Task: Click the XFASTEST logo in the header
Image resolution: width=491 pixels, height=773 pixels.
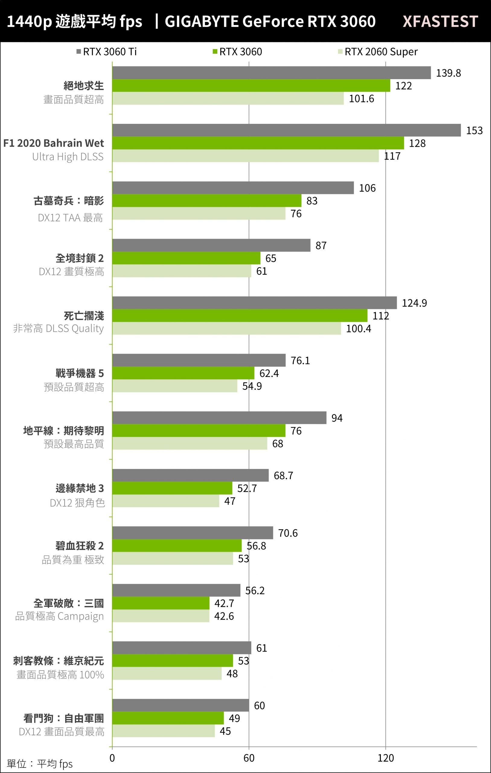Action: tap(440, 21)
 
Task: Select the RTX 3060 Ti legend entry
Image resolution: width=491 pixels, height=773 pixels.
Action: tap(107, 52)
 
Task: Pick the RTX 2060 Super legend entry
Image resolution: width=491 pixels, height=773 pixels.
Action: tap(378, 52)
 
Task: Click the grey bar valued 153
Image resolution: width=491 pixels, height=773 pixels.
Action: tap(286, 130)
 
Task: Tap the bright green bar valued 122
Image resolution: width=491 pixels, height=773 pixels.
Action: tap(251, 86)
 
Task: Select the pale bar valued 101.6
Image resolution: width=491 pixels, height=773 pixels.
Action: tap(228, 98)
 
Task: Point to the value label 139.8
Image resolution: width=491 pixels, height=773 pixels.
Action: tap(448, 73)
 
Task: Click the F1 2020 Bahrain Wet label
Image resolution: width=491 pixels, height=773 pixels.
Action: tap(54, 143)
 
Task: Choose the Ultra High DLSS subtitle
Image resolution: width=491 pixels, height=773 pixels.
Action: tap(68, 157)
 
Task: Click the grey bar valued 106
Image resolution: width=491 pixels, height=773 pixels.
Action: tap(233, 188)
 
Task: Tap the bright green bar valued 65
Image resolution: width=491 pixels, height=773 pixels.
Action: tap(186, 258)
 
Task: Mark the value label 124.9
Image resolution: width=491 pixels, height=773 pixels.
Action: tap(414, 303)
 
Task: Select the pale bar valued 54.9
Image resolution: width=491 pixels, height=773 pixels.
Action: tap(174, 386)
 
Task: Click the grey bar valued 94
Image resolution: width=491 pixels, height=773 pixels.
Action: tap(219, 418)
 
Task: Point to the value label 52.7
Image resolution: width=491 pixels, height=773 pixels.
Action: tap(247, 488)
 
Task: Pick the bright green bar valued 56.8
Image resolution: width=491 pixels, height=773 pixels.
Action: tap(177, 546)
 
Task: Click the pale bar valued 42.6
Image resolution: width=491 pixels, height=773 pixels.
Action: tap(161, 616)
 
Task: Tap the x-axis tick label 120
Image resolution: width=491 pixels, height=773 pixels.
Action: tap(385, 758)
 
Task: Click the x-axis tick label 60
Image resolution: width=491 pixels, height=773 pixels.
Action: tap(249, 758)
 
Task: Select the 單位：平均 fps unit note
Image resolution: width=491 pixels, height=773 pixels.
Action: tap(40, 764)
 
